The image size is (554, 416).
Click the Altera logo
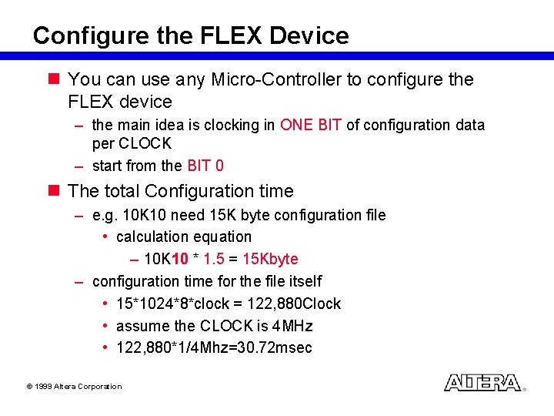coord(483,383)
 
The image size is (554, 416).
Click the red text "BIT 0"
coord(205,166)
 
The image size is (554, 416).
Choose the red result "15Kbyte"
coord(270,259)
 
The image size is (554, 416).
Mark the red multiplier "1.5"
coord(215,259)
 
